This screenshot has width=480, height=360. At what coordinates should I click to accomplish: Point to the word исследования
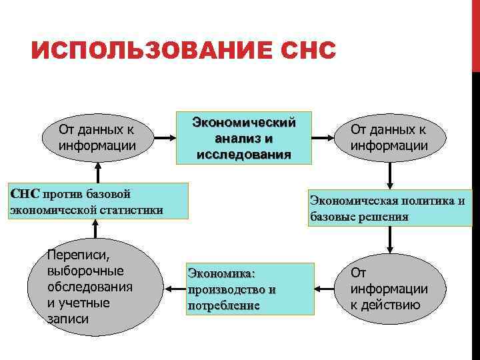tap(243, 155)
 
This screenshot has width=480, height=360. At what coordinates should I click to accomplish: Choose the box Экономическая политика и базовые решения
tap(389, 209)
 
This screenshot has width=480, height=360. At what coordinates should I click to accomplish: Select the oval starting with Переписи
tap(97, 287)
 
